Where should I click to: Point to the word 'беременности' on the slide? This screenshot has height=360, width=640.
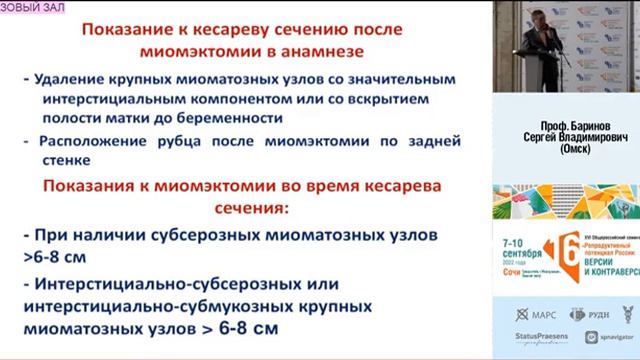[x=227, y=117]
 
